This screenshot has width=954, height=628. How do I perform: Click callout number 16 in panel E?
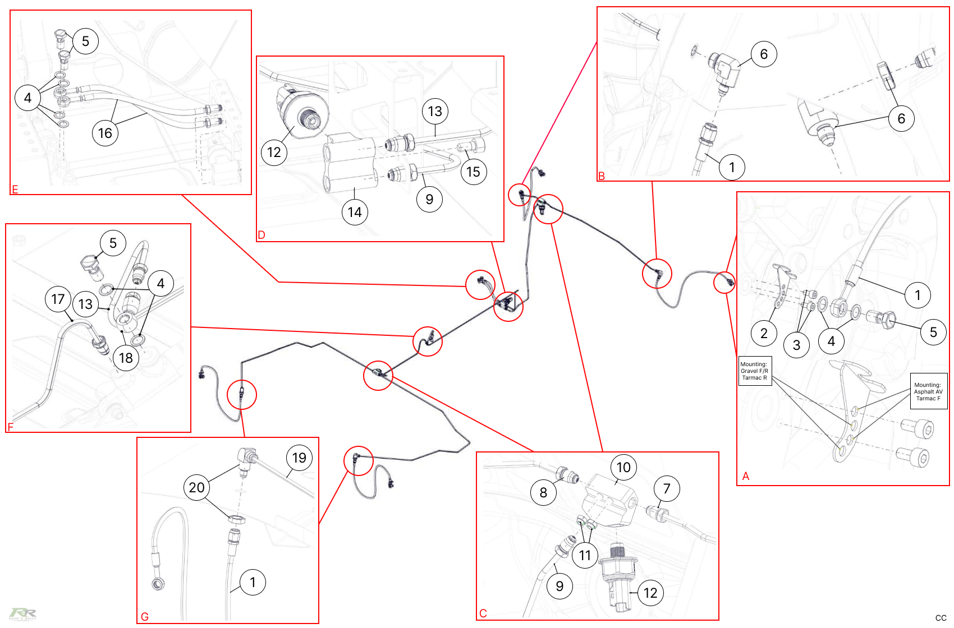[105, 133]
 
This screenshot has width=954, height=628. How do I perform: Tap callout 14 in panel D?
[355, 212]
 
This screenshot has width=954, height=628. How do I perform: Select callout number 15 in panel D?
[474, 172]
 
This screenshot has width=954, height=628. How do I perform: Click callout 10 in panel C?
[623, 467]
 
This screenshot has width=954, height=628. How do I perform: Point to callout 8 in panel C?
[543, 492]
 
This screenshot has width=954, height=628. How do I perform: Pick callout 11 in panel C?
[585, 555]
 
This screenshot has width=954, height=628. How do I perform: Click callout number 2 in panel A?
[764, 333]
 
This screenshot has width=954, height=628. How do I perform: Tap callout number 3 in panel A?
[796, 345]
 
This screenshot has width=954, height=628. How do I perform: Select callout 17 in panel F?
[58, 299]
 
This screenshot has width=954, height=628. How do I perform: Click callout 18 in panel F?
[126, 357]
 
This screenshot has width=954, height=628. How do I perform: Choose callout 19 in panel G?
[299, 458]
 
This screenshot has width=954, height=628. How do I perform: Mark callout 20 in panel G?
[196, 487]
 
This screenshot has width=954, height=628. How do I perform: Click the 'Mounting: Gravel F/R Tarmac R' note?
[755, 371]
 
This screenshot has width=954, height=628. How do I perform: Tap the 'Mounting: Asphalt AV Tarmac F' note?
[928, 391]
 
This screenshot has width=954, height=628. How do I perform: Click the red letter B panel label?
[602, 176]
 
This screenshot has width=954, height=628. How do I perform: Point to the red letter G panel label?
[145, 617]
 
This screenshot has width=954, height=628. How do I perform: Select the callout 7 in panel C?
[667, 488]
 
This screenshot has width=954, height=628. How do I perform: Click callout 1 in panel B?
[732, 167]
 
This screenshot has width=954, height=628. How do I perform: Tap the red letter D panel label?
[262, 235]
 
